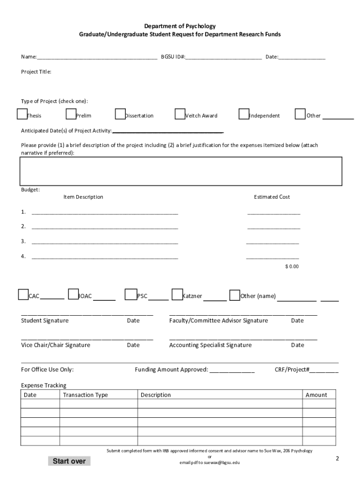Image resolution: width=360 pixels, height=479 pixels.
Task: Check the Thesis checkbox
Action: click(22, 115)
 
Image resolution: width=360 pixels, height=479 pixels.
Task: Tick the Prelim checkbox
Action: click(71, 115)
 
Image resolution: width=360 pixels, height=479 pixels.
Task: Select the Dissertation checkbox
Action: click(120, 115)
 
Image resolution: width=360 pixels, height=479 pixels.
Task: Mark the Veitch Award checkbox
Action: click(180, 115)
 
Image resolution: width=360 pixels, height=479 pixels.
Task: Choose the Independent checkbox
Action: click(244, 115)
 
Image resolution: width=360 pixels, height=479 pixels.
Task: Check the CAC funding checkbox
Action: click(23, 294)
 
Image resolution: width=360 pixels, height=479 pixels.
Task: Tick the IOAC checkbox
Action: click(73, 294)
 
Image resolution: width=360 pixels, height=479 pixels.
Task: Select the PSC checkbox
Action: click(130, 294)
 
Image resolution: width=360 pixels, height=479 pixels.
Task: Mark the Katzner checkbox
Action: click(177, 294)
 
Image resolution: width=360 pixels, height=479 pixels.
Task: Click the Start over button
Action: click(69, 461)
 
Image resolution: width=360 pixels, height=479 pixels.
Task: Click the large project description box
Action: click(180, 171)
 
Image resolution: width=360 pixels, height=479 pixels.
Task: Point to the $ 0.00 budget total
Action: click(292, 267)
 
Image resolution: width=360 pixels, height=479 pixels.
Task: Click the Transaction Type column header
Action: click(85, 395)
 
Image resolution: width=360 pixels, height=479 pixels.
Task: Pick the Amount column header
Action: click(317, 395)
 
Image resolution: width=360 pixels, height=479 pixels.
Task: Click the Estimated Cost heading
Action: click(272, 197)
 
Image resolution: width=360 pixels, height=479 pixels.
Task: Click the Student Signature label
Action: click(45, 321)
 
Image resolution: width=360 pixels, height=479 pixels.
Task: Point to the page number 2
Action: click(337, 459)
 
